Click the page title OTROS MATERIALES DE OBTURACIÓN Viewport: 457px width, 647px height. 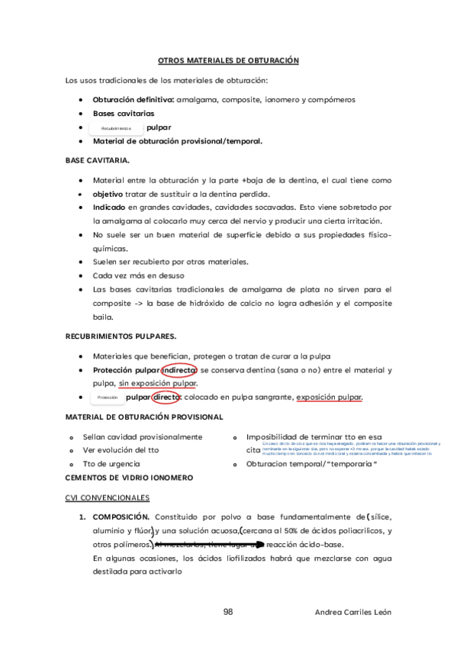tap(227, 60)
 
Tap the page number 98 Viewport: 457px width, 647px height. tap(228, 612)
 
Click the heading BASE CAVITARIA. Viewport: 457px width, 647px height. tap(98, 160)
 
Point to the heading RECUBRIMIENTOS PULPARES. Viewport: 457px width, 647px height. tap(121, 336)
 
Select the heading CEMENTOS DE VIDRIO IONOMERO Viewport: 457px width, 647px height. tap(129, 478)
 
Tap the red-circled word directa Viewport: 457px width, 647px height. tap(165, 397)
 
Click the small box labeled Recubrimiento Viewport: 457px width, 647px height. tap(116, 128)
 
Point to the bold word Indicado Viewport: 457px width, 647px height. tap(109, 208)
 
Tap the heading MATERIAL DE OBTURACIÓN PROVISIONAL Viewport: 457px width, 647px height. tap(144, 417)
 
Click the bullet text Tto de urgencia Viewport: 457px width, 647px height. tap(111, 464)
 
